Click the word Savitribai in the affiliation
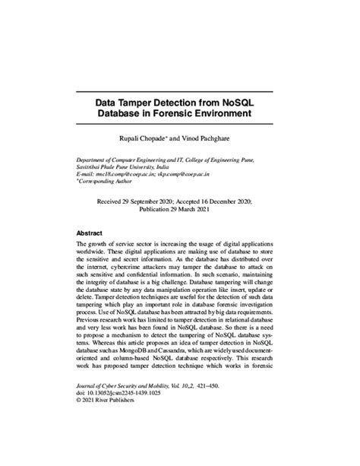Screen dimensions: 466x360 tap(93, 168)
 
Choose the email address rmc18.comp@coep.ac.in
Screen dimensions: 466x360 tap(128, 175)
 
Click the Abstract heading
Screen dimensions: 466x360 tap(91, 233)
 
